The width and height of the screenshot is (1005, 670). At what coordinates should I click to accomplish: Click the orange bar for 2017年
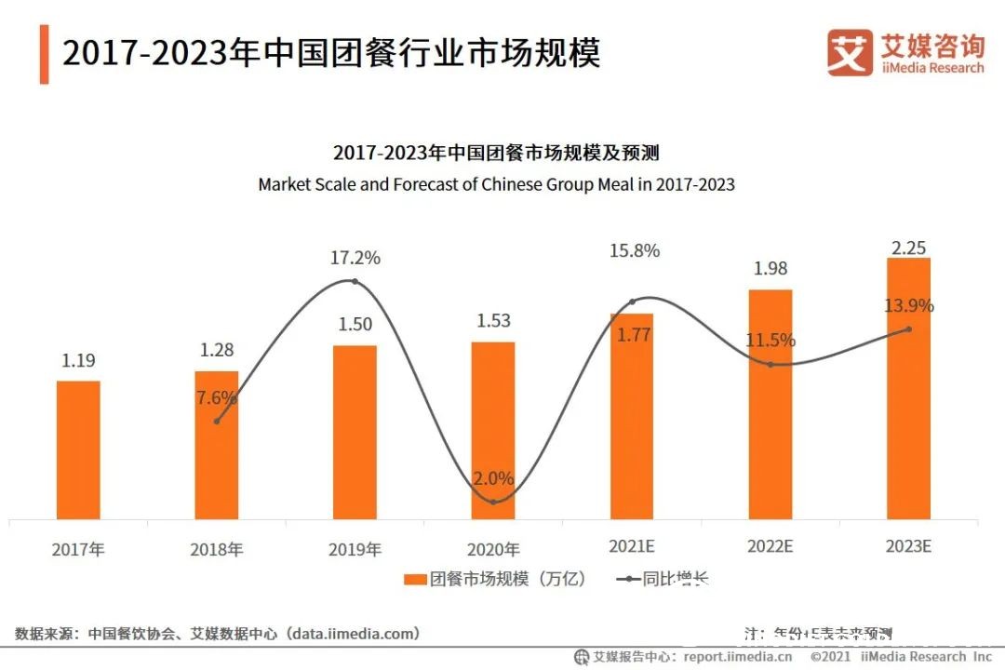coord(78,449)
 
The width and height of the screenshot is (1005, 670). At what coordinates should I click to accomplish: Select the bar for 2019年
coord(355,432)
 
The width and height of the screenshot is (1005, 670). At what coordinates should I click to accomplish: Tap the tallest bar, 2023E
coord(908,388)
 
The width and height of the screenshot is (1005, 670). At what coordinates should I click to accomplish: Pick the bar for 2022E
coord(770,404)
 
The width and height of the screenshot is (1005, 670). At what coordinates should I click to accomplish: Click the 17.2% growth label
coord(355,258)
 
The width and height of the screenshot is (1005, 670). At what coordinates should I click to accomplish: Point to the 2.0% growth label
coord(492,478)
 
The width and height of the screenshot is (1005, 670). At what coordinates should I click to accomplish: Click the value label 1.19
coord(78,361)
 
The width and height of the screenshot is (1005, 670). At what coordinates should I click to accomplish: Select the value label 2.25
coord(908,248)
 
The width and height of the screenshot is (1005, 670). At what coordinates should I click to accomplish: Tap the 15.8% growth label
coord(633,250)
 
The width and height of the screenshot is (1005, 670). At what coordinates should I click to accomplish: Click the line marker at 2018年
coord(217,422)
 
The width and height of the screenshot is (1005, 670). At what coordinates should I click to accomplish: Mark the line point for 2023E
coord(908,328)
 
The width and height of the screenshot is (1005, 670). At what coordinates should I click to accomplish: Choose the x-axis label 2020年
coord(492,550)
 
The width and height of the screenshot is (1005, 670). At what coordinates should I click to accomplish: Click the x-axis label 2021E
coord(633,546)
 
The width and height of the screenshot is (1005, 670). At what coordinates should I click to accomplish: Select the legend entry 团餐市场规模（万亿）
coord(497,579)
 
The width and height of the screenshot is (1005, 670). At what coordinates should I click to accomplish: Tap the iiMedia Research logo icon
coord(850,53)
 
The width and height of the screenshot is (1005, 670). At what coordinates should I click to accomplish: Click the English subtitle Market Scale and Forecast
coord(496,184)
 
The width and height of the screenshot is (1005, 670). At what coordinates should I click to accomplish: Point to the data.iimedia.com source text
coord(354,634)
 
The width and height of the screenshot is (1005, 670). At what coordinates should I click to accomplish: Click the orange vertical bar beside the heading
coord(44,55)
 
